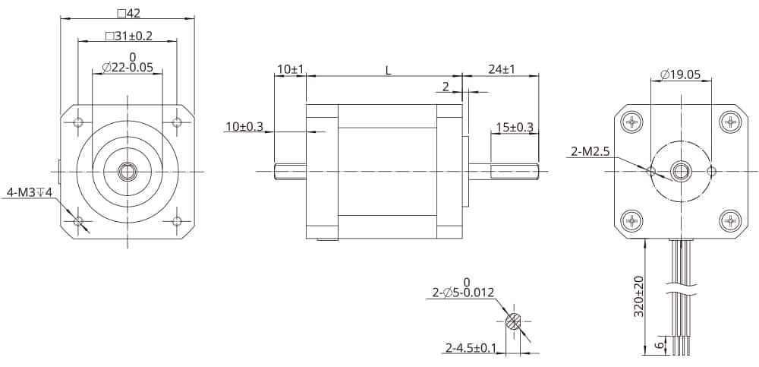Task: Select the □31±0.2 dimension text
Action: tap(128, 36)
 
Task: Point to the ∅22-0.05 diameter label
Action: tap(128, 68)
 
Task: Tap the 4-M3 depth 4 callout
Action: tap(30, 192)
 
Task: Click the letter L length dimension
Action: tap(388, 70)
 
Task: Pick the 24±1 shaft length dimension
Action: tap(501, 69)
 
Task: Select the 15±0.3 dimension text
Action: tap(514, 127)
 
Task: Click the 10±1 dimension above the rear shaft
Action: tap(290, 69)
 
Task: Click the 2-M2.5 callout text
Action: tap(591, 152)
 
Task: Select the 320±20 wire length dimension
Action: tap(639, 296)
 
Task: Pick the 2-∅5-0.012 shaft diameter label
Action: tap(463, 293)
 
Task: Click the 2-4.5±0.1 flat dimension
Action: tap(471, 348)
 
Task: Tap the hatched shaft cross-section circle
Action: tap(514, 322)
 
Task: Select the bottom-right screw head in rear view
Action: tap(730, 221)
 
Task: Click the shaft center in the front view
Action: tap(128, 172)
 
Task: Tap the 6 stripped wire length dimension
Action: tap(659, 343)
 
